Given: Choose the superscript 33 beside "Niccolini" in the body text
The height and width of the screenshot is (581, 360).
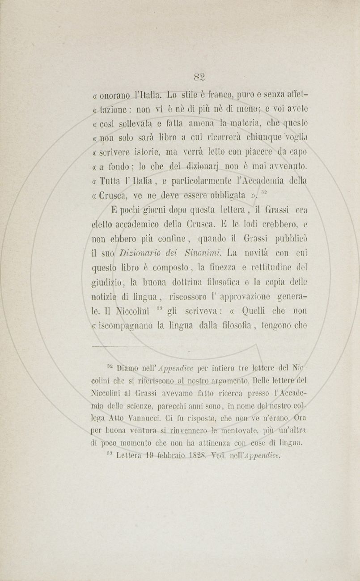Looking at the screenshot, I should point(159,307).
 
